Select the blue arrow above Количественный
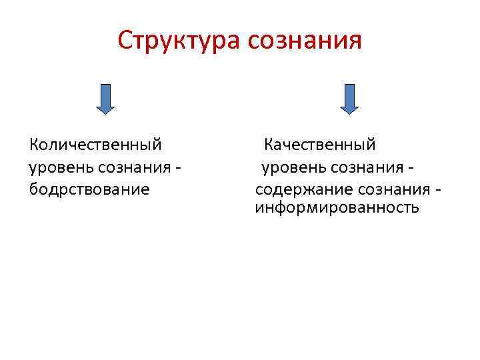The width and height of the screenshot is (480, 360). tap(105, 97)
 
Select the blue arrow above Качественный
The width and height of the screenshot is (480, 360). tap(349, 97)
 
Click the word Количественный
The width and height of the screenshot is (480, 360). tap(96, 144)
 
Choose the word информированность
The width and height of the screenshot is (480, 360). tap(337, 207)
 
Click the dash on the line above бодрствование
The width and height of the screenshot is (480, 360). tap(178, 167)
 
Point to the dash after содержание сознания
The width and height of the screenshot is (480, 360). tap(437, 189)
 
